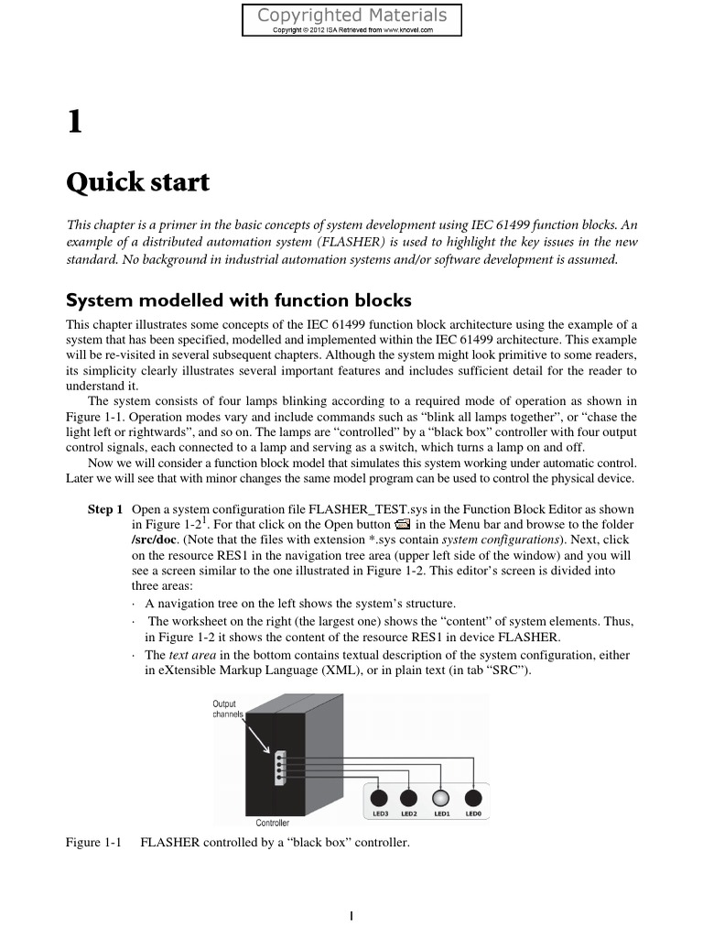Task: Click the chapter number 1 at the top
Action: point(75,121)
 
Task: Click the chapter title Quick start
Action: point(138,182)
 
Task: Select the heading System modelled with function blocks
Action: point(239,300)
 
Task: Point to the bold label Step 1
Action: point(104,509)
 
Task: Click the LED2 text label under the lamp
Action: point(409,813)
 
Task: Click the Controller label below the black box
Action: point(272,823)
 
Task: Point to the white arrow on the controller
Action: point(255,734)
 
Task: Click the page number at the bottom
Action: point(351,914)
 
